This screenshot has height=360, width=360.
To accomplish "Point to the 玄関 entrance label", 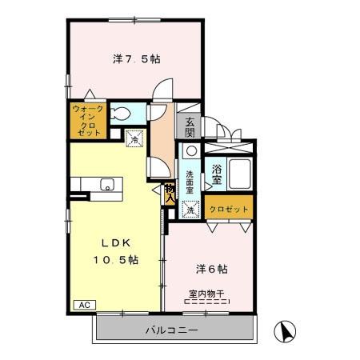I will (190, 128).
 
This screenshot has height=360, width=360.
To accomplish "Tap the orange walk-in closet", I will (86, 120).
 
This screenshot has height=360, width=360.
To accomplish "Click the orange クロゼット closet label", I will (230, 209).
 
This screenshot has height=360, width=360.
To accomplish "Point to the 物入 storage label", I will (170, 191).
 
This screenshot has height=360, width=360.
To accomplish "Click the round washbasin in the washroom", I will (191, 150).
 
